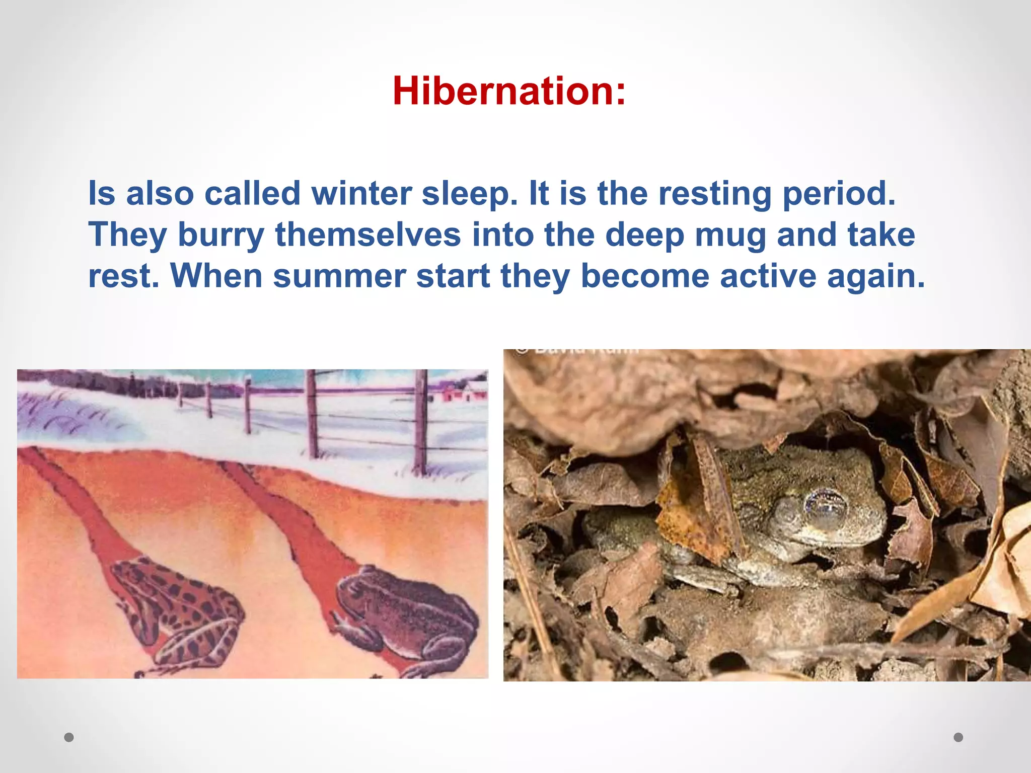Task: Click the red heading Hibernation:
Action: point(509,91)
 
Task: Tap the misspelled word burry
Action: point(221,236)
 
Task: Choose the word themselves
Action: point(368,235)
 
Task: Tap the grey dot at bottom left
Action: point(69,737)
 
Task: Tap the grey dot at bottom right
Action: point(959,737)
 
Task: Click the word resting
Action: point(714,195)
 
